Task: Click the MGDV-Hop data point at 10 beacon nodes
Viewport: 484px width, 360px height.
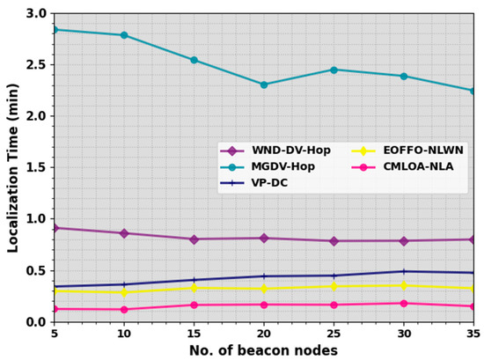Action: pos(123,35)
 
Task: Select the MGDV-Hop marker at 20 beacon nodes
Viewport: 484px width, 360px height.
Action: pos(263,84)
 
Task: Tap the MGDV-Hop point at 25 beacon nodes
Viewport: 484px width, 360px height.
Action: pos(334,70)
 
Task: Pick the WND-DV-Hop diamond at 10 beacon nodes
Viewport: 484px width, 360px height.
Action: pos(123,233)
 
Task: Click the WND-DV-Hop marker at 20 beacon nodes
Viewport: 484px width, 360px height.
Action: pos(263,238)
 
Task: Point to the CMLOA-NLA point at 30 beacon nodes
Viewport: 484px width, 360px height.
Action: pos(404,304)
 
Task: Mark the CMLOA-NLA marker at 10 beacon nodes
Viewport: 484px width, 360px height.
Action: pos(123,309)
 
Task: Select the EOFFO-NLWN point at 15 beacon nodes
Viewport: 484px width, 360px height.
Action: pos(194,288)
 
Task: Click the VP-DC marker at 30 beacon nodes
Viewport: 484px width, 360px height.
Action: pos(404,271)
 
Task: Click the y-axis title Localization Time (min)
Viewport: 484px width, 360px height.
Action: pos(13,167)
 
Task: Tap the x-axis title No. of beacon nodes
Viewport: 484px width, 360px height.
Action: pos(263,350)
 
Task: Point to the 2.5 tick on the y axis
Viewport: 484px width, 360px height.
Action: pos(35,65)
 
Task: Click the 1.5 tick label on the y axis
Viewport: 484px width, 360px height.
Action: pos(35,167)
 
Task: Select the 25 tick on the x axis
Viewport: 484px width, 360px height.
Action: pos(334,334)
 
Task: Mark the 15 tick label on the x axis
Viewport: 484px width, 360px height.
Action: pos(194,334)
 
